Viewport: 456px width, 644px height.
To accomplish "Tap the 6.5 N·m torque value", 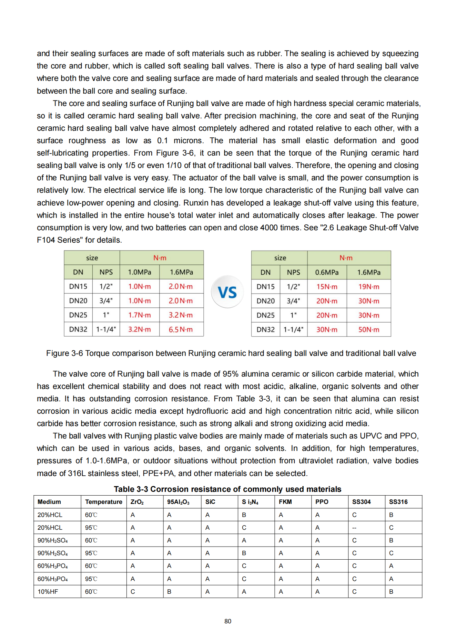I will (181, 329).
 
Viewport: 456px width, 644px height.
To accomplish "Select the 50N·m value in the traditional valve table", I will (368, 329).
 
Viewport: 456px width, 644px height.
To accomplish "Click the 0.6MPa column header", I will (327, 272).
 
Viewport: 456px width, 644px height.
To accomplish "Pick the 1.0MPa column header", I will (140, 272).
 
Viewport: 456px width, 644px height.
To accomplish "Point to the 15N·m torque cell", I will (327, 286).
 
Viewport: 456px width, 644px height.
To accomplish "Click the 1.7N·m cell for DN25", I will (140, 315).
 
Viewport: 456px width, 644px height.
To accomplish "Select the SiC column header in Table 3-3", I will (210, 502).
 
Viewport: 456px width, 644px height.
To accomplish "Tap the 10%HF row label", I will (48, 592).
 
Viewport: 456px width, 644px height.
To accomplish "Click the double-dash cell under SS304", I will (354, 528).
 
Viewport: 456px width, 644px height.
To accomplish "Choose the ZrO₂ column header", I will (137, 502).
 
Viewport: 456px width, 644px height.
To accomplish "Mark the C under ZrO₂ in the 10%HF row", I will (133, 592).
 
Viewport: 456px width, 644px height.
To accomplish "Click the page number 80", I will (228, 621).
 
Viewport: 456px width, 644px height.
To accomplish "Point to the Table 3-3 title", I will (227, 489).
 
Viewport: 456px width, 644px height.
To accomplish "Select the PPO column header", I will (322, 502).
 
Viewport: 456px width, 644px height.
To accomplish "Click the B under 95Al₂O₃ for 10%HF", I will (169, 592).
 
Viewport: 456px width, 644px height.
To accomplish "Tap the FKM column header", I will (285, 502).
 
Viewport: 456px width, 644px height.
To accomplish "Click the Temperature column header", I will (103, 502).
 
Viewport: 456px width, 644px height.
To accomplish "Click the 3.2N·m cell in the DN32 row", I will (140, 329).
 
